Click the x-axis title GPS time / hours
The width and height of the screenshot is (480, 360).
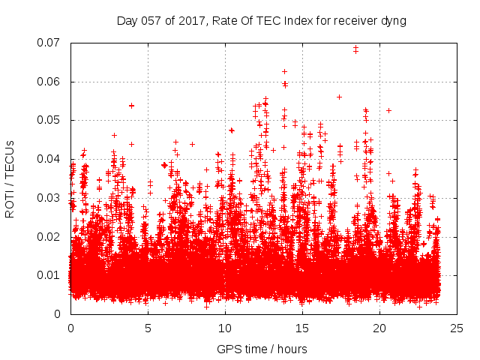pos(262,349)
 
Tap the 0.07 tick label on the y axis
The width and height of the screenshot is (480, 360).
pos(50,43)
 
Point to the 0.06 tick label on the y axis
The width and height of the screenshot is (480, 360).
pos(50,82)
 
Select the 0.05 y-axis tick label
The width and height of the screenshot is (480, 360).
pos(50,120)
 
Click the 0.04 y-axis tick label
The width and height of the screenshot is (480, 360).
pos(50,159)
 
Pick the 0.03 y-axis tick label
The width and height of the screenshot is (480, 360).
pos(50,198)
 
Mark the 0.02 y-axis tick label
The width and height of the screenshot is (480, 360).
pos(50,236)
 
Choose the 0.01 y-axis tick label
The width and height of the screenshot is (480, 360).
pos(50,275)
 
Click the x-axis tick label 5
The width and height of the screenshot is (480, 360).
pos(148,328)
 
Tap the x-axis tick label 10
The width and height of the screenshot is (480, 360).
pos(225,328)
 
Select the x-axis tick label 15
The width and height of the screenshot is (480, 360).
pos(302,328)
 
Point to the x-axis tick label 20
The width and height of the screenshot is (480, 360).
pos(379,328)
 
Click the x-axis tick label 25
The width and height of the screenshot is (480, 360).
pos(457,328)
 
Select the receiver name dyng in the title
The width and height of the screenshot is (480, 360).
pos(393,21)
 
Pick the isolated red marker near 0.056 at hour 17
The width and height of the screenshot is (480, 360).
pos(339,97)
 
